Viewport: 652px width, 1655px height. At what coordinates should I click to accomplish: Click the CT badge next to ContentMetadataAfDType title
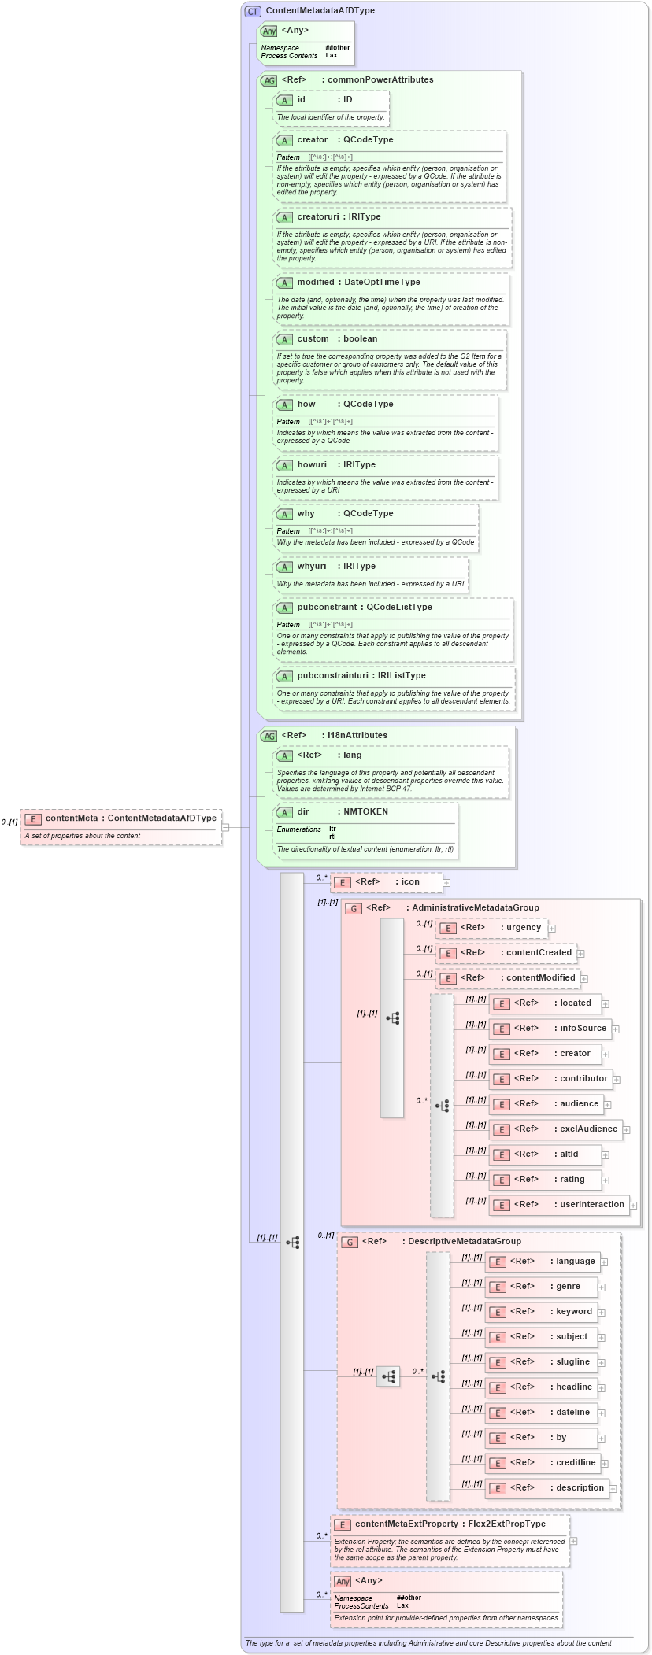pyautogui.click(x=253, y=11)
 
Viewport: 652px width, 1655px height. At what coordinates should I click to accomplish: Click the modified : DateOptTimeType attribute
pyautogui.click(x=358, y=283)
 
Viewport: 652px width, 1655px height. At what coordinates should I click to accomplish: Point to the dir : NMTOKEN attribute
pyautogui.click(x=342, y=811)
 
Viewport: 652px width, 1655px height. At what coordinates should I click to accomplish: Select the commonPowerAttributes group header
pyautogui.click(x=378, y=79)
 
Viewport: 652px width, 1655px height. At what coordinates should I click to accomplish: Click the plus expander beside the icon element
pyautogui.click(x=446, y=883)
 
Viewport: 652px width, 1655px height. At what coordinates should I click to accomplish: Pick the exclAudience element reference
pyautogui.click(x=555, y=1129)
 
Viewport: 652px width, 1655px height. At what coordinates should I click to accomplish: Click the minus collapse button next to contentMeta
pyautogui.click(x=225, y=827)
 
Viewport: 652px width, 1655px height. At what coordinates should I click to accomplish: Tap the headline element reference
pyautogui.click(x=541, y=1387)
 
